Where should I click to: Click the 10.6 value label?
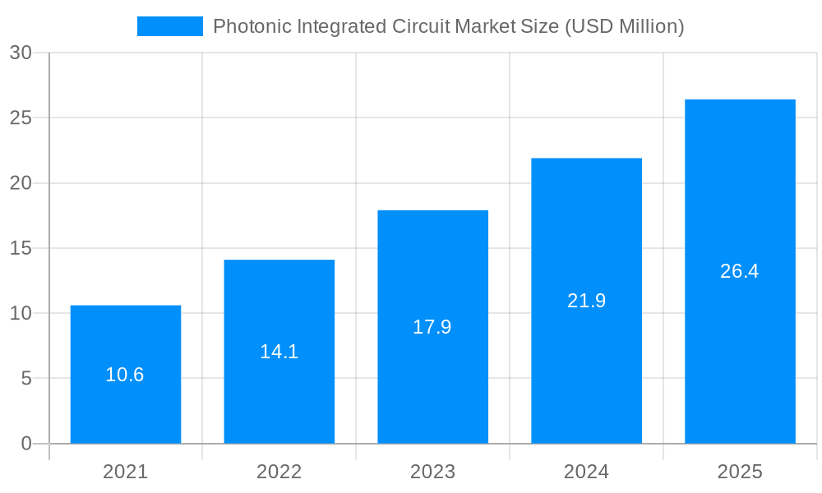point(125,375)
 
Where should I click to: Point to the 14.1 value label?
point(279,352)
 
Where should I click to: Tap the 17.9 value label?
point(432,327)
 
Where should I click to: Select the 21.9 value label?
point(586,301)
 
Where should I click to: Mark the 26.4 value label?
point(740,271)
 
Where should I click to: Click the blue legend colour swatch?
point(169,26)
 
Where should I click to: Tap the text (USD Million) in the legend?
point(624,26)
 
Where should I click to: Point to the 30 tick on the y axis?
point(21,53)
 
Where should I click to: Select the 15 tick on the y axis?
point(21,248)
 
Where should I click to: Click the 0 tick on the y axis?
point(25,444)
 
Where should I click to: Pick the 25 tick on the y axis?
point(21,117)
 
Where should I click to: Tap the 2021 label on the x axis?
point(125,472)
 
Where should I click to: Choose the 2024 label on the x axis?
point(586,472)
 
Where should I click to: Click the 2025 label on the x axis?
point(740,472)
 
